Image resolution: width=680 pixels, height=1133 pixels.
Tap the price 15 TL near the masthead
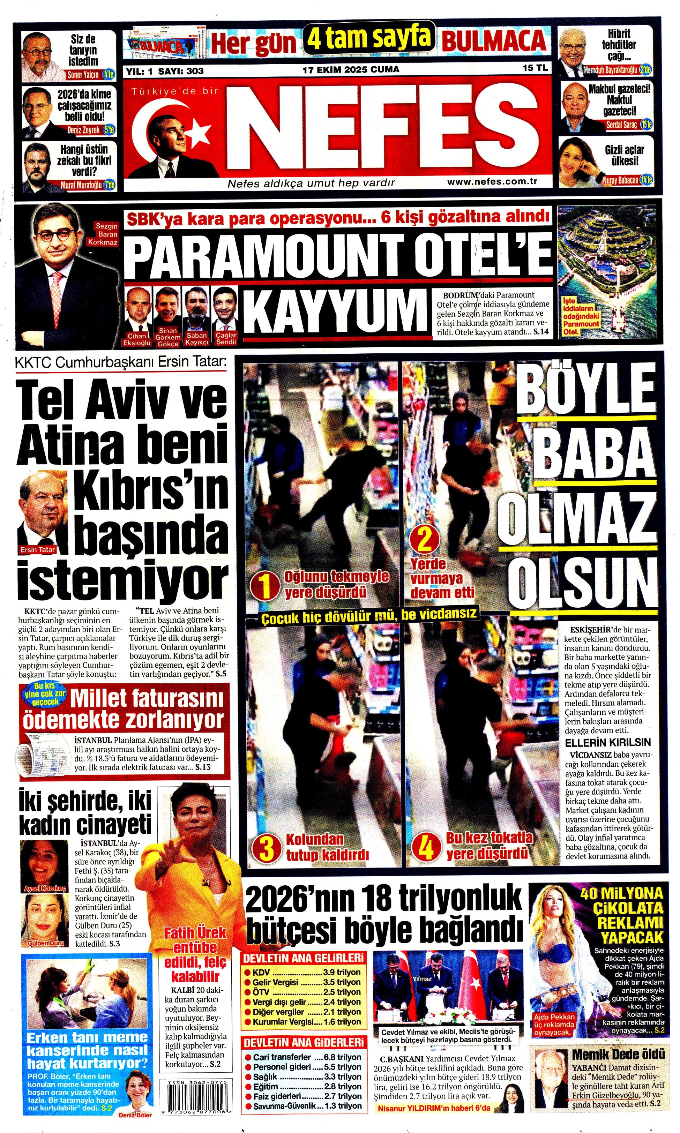pos(535,68)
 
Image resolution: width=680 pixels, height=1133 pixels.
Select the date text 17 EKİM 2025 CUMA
pos(351,69)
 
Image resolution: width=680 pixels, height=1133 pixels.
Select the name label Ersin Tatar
pos(38,549)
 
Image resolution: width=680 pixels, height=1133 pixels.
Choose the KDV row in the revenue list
pos(303,972)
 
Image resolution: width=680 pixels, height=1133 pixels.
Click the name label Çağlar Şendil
pos(225,339)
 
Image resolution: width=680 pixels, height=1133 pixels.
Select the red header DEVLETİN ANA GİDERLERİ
pos(303,1043)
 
